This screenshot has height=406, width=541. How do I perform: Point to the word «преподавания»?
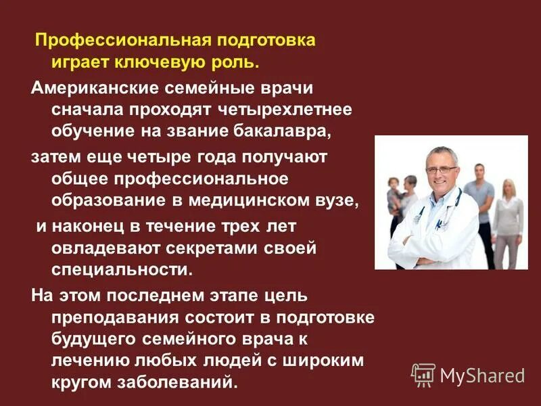click(113, 318)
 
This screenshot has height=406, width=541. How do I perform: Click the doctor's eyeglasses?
click(441, 170)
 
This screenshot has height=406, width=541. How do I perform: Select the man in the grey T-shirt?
click(480, 203)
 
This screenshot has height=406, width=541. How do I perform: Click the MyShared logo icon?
click(423, 374)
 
